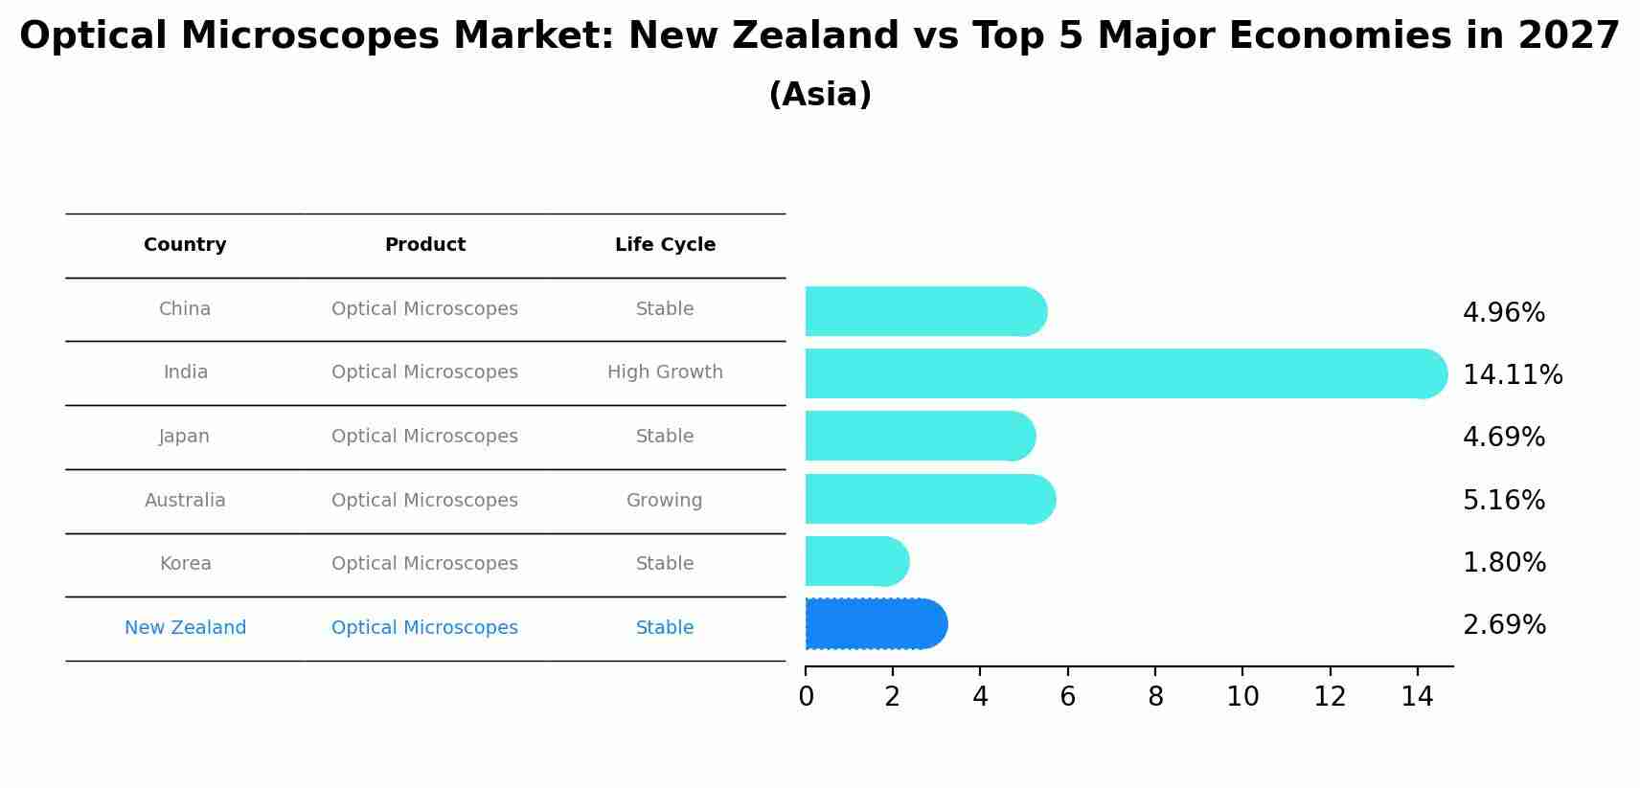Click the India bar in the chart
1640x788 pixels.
1121,373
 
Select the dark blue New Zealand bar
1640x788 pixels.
874,624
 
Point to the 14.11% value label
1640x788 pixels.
1513,374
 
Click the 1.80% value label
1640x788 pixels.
1504,563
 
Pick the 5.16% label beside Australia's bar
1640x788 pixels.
1504,500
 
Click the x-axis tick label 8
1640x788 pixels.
1155,697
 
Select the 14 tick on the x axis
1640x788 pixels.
1417,697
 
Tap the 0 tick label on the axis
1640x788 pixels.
806,697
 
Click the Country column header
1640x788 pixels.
185,245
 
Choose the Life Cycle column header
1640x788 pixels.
665,245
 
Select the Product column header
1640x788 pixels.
424,245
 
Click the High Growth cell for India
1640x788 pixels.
665,372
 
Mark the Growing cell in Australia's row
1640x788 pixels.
664,501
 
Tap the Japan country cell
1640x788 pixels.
184,437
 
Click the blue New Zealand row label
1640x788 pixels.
185,628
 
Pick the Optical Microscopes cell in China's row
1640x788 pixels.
424,309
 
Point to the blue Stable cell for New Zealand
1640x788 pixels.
665,628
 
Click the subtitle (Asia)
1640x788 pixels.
820,95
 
